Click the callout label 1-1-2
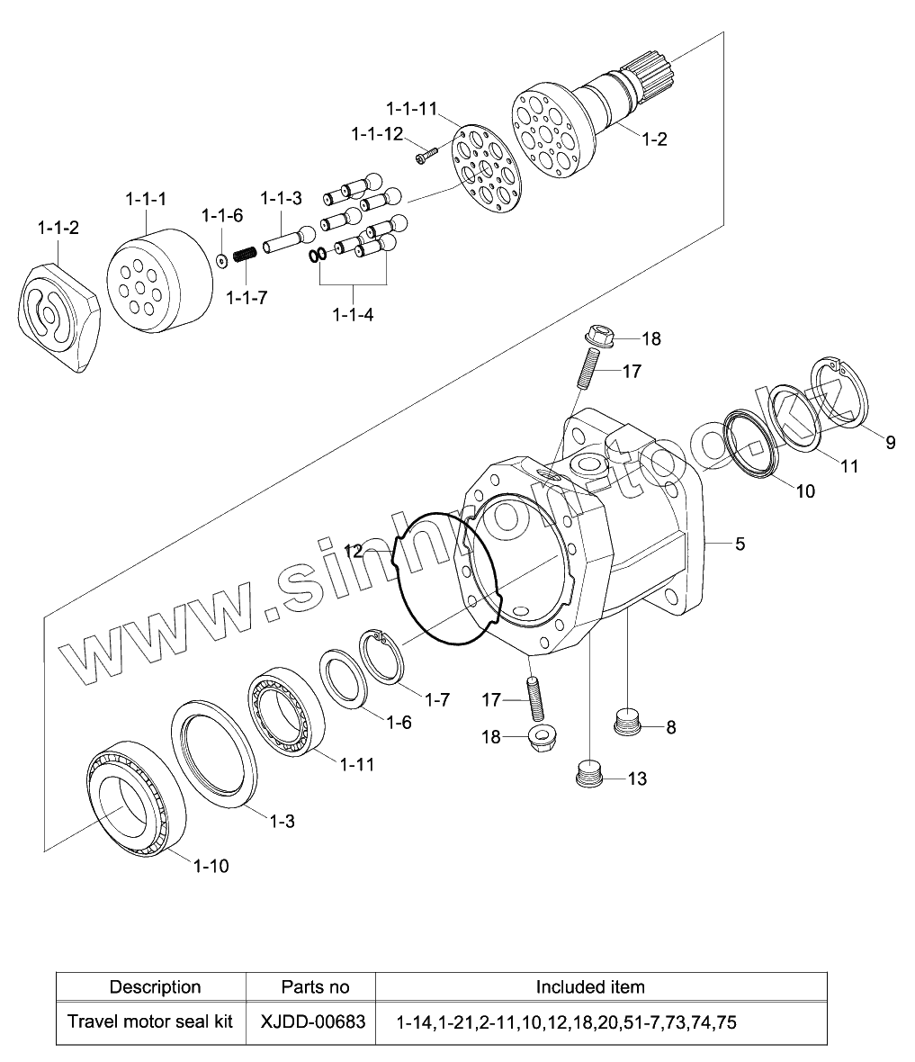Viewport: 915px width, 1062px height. click(58, 228)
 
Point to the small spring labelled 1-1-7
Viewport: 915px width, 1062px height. click(245, 256)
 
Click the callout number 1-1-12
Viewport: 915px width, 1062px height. click(377, 134)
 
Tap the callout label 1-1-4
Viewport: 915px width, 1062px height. click(353, 315)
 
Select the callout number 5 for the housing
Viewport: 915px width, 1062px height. click(740, 544)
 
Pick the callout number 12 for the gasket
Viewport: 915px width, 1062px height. click(354, 551)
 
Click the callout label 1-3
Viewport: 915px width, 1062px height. click(283, 821)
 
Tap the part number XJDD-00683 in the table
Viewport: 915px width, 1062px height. click(312, 1021)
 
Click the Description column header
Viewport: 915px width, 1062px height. click(155, 986)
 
